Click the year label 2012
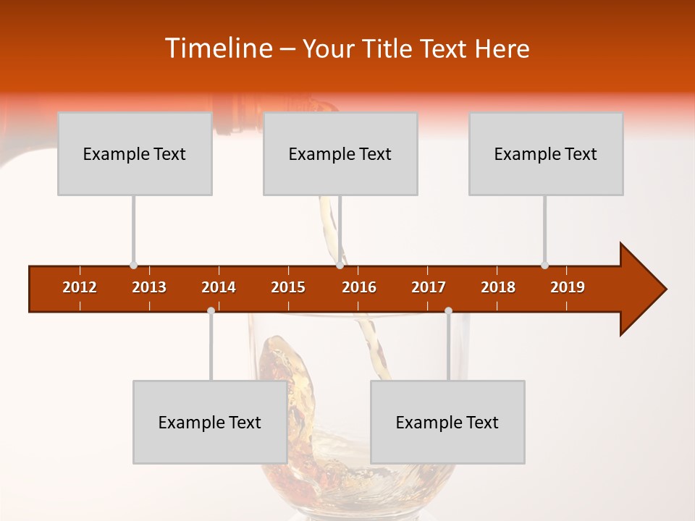80,287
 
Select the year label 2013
149,287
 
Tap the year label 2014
219,287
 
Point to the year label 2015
288,287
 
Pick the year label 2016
359,287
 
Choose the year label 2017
429,287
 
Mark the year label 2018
498,287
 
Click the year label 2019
568,287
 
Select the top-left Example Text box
135,153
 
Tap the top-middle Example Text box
340,153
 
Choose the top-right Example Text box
546,153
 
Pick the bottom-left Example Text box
210,422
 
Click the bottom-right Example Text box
447,422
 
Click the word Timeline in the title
218,48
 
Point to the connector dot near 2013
133,265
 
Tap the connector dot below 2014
211,310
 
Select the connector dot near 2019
544,265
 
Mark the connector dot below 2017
448,310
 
